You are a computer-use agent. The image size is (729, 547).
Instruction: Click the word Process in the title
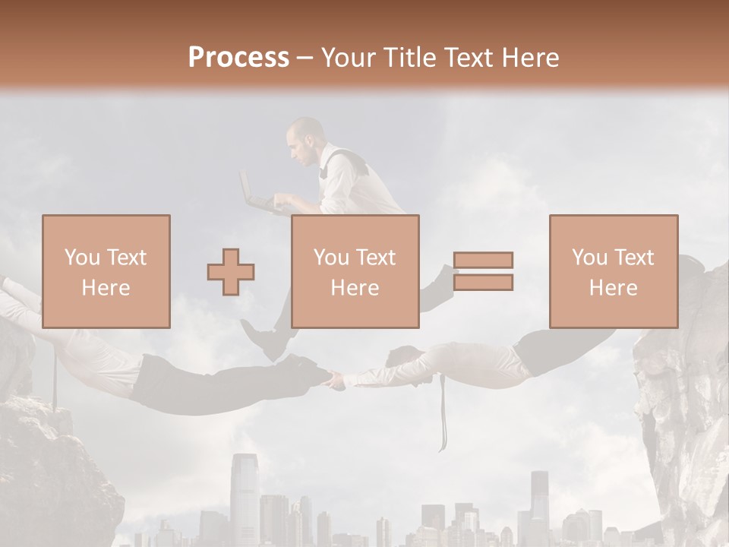point(238,57)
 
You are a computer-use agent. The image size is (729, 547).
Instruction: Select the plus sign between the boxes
point(231,271)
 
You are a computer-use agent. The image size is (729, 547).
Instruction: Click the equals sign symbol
point(483,271)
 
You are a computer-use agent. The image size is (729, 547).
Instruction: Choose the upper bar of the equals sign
point(483,261)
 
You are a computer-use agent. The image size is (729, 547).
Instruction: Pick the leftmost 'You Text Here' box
point(106,271)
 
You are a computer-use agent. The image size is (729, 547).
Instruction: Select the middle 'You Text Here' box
point(355,271)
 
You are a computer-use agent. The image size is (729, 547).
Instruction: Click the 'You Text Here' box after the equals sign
point(613,271)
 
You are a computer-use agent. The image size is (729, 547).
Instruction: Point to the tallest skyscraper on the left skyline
point(245,494)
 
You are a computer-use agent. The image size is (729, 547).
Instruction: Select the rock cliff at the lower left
point(53,471)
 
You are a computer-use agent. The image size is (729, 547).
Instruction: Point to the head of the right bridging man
point(403,356)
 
